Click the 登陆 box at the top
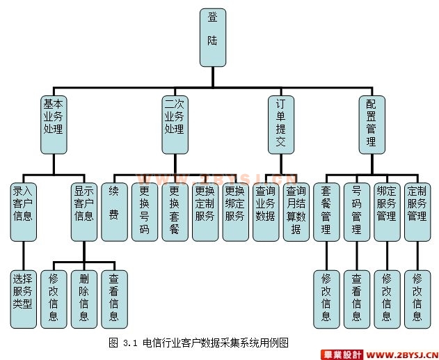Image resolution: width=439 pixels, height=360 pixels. point(212,38)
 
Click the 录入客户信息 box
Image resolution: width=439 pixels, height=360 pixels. point(23,211)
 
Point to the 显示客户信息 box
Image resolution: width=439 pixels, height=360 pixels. point(84,211)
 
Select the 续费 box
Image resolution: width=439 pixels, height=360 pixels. point(114,211)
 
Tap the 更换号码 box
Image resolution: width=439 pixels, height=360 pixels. point(145,211)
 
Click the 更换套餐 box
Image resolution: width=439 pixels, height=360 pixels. point(175,211)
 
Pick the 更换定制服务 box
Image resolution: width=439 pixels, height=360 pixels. point(205,211)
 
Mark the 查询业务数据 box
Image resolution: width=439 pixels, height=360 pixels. point(266,211)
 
